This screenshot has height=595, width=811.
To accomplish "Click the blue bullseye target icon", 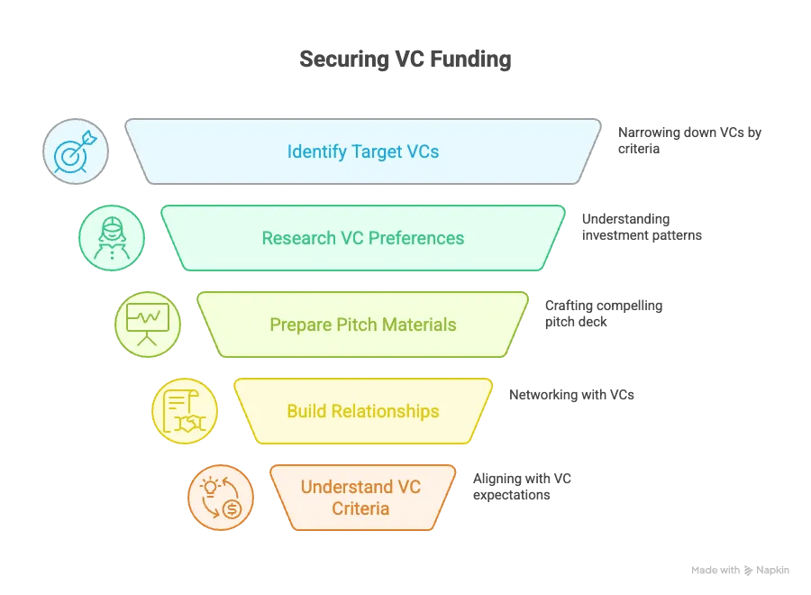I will pos(76,151).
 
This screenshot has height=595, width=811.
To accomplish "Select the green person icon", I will pos(112,238).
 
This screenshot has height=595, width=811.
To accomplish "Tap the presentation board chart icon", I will pos(148,325).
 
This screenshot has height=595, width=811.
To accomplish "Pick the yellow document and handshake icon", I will pos(185,411).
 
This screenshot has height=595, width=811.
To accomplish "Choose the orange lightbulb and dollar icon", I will pos(221,498).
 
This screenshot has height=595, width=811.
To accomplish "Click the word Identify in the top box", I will pos(317,151).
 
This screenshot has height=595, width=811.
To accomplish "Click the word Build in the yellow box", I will pos(306,411).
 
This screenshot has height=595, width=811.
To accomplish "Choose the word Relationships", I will pos(385,411).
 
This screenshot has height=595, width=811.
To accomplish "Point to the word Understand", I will pos(347,488).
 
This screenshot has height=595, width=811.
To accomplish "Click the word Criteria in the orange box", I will pos(360,508).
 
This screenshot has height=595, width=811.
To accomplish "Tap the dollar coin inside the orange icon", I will pos(232,510).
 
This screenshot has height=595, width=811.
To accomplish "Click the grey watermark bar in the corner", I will pos(742,570).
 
